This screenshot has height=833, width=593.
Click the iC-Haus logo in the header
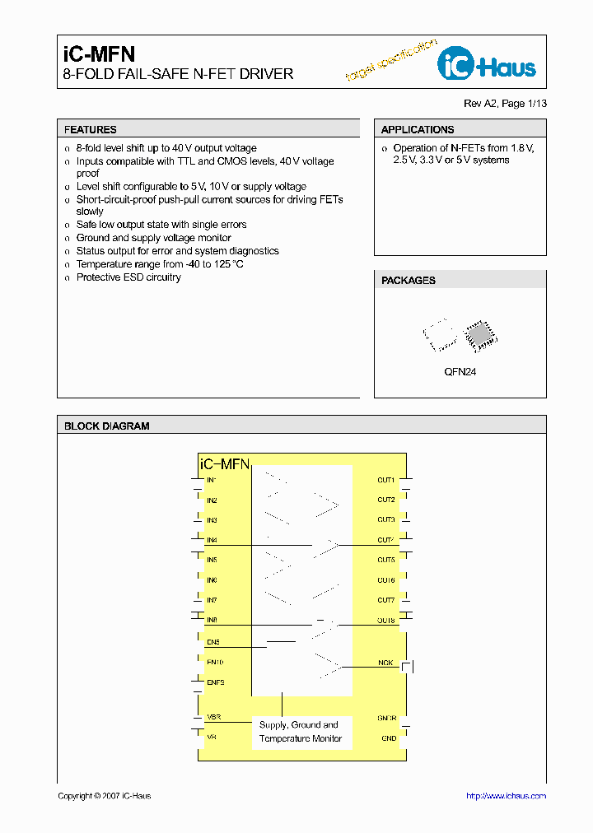click(x=487, y=65)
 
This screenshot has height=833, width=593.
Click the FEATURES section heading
click(x=91, y=130)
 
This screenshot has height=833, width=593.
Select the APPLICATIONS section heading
click(x=418, y=130)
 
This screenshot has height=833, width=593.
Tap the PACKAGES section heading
click(x=409, y=281)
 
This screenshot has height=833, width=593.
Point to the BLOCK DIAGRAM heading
click(x=107, y=426)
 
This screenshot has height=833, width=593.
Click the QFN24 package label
click(x=460, y=372)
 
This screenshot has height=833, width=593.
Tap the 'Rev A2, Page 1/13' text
click(x=505, y=104)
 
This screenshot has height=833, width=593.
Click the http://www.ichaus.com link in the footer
click(x=506, y=796)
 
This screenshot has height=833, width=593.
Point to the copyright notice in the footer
click(x=105, y=796)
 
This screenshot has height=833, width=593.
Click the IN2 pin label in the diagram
click(x=212, y=500)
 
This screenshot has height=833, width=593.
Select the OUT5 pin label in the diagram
click(x=386, y=560)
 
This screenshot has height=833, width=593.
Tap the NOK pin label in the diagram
click(x=385, y=662)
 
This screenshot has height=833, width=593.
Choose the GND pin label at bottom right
click(x=389, y=738)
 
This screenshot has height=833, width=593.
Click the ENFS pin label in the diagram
click(x=216, y=682)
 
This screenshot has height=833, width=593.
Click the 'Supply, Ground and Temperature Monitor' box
click(x=299, y=732)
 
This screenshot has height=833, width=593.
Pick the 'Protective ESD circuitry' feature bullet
click(x=128, y=277)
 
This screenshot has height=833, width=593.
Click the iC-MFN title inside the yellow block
click(x=225, y=464)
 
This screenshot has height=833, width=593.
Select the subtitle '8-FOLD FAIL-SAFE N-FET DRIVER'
click(x=179, y=74)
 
